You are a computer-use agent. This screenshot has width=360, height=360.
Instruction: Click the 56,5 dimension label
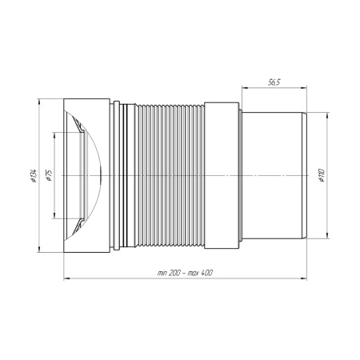[x=274, y=82]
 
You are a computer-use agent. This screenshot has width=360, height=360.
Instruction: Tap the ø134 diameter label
[x=34, y=176]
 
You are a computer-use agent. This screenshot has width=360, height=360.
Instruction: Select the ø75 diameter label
[x=49, y=176]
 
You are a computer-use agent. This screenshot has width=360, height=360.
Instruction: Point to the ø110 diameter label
[x=321, y=175]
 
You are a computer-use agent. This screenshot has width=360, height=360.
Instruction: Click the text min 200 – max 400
[x=185, y=273]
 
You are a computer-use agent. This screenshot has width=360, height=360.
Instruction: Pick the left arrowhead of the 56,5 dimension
[x=245, y=87]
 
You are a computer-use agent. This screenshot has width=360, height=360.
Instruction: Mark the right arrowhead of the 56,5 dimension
[x=303, y=87]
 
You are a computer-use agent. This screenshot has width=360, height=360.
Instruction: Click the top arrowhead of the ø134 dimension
[x=39, y=102]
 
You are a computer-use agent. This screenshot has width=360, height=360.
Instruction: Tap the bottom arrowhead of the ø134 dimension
[x=39, y=249]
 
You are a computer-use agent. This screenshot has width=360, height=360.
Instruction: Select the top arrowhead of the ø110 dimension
[x=327, y=116]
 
